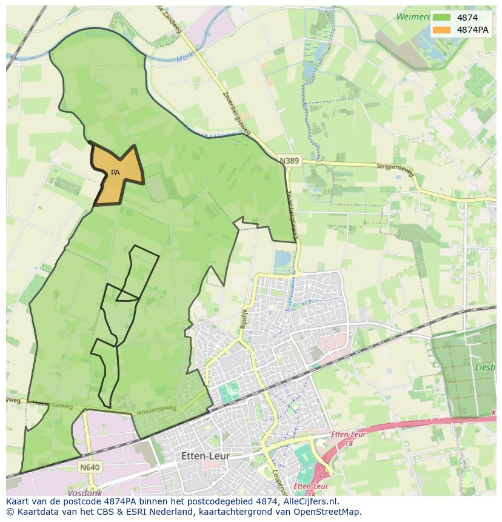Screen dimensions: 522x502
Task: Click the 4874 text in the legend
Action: pyautogui.click(x=467, y=18)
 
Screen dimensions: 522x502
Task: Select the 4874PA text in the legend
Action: pyautogui.click(x=473, y=30)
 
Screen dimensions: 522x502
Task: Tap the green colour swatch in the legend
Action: pyautogui.click(x=441, y=18)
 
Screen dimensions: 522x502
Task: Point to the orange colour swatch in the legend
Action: pyautogui.click(x=441, y=30)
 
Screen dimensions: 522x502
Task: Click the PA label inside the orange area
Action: pyautogui.click(x=115, y=173)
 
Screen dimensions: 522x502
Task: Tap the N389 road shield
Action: pyautogui.click(x=289, y=161)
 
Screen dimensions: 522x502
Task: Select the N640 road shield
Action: pyautogui.click(x=89, y=467)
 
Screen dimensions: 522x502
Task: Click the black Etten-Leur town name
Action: pyautogui.click(x=206, y=456)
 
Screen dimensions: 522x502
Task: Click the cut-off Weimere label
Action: pyautogui.click(x=413, y=17)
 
